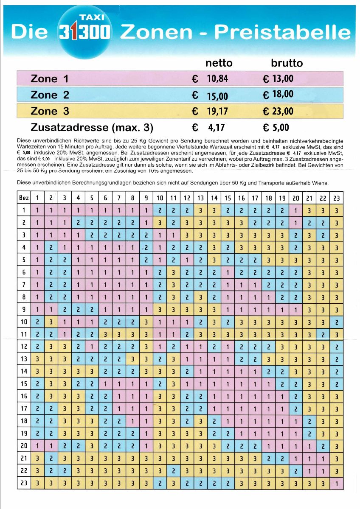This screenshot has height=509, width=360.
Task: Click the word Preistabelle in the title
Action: [x=282, y=32]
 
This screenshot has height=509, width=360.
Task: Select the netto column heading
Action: [x=219, y=63]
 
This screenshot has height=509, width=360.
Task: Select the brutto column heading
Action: [x=287, y=63]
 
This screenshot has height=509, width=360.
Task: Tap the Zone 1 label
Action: [x=50, y=79]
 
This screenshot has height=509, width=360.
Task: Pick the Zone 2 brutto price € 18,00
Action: [x=278, y=94]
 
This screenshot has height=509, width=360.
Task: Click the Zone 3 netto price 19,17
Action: [x=218, y=112]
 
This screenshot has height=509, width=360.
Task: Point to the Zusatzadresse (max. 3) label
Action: [x=92, y=128]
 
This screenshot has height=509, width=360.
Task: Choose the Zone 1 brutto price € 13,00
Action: [x=278, y=78]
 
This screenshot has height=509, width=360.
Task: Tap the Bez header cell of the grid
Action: [x=24, y=198]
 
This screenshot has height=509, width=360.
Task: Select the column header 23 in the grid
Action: [x=336, y=198]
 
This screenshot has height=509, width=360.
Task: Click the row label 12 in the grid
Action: [x=24, y=347]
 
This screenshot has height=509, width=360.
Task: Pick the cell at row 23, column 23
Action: [x=336, y=483]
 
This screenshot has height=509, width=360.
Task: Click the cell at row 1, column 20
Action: [x=295, y=210]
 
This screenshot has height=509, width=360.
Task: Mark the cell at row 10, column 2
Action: [x=51, y=322]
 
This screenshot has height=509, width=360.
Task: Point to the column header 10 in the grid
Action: [x=160, y=198]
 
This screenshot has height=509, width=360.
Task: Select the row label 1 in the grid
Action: [x=24, y=210]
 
